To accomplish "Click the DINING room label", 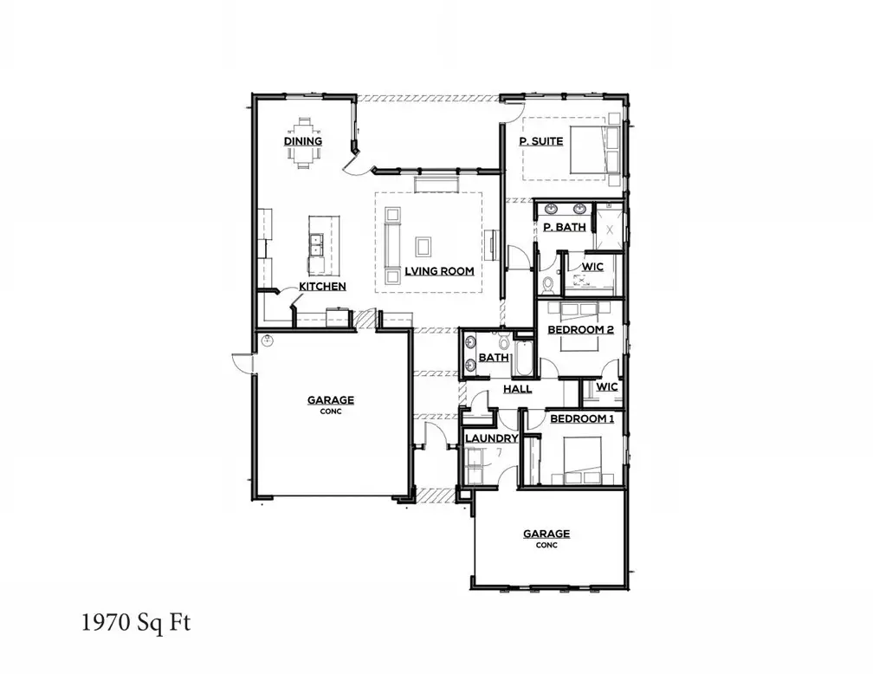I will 303,141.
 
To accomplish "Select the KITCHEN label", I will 322,286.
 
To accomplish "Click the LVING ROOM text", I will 439,271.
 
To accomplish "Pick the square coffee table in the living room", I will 424,247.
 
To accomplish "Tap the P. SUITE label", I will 541,141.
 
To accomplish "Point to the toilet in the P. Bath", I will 546,283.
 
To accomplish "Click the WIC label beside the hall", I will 607,386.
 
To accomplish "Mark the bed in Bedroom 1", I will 580,460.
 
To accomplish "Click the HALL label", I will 518,389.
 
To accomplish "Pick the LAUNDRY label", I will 491,438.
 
